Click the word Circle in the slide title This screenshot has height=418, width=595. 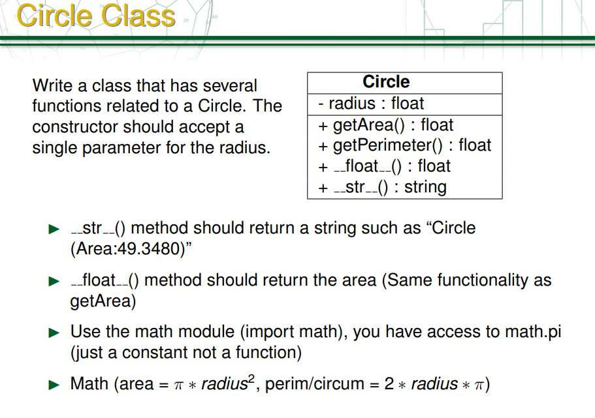point(54,15)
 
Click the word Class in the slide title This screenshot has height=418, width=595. point(138,15)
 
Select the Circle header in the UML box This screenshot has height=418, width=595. point(386,82)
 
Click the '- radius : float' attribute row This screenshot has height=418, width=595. point(371,104)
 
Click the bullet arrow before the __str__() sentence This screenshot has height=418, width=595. point(54,230)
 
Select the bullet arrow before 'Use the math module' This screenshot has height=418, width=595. point(54,333)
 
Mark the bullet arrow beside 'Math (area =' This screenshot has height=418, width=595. point(54,385)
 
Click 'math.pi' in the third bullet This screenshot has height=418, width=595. point(533,332)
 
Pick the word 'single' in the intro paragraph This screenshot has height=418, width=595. point(54,147)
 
